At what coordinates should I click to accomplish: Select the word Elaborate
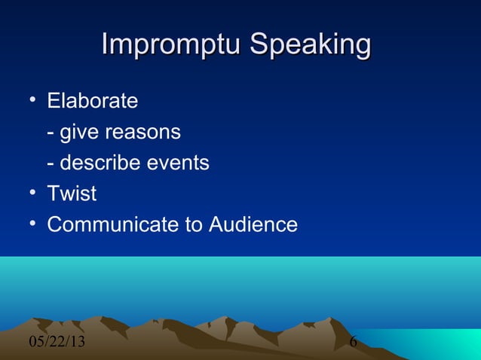tap(93, 100)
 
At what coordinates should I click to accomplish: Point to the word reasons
tap(142, 133)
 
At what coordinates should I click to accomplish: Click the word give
tap(79, 133)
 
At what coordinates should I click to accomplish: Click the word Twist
tap(72, 194)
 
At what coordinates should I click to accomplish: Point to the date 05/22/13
tap(57, 343)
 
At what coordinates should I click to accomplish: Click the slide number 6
tap(353, 343)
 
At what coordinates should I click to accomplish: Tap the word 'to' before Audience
tap(195, 224)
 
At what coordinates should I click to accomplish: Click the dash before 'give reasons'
tap(51, 133)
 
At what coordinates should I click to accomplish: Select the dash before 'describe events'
tap(51, 163)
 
